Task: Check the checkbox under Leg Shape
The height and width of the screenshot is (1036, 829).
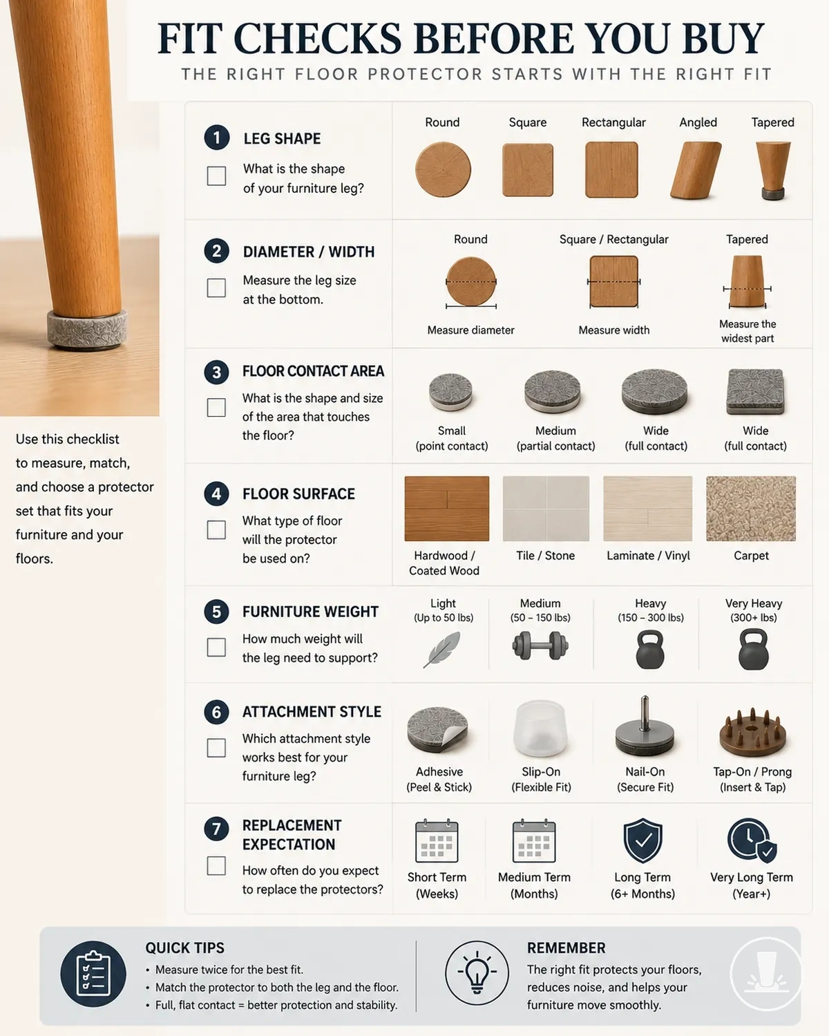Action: pos(216,176)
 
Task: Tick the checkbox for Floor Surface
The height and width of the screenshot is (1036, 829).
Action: pos(216,529)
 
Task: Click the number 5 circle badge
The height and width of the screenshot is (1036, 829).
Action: pos(216,612)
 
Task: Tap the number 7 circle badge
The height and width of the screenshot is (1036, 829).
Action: pos(216,829)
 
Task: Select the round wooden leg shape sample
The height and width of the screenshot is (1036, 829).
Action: pos(443,169)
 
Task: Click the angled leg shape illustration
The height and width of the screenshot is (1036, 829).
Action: pos(696,170)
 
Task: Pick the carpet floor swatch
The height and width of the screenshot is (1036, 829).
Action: pos(750,509)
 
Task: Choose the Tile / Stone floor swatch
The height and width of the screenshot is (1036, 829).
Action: pos(546,509)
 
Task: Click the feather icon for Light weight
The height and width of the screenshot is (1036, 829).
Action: pos(441,650)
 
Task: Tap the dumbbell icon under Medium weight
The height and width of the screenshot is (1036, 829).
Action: pos(540,646)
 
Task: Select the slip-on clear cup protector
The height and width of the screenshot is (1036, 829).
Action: pos(540,728)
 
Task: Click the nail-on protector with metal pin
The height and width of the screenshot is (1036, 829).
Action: pos(645,727)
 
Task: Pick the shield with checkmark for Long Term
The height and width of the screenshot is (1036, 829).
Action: pos(642,840)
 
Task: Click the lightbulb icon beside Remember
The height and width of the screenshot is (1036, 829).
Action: pos(477,972)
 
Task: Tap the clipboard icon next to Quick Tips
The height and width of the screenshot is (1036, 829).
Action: pos(93,974)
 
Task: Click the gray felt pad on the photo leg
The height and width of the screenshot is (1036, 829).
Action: pos(88,328)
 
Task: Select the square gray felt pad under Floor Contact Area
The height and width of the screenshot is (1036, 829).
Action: pos(755,392)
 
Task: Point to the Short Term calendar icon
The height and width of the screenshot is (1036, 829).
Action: pos(437,840)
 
